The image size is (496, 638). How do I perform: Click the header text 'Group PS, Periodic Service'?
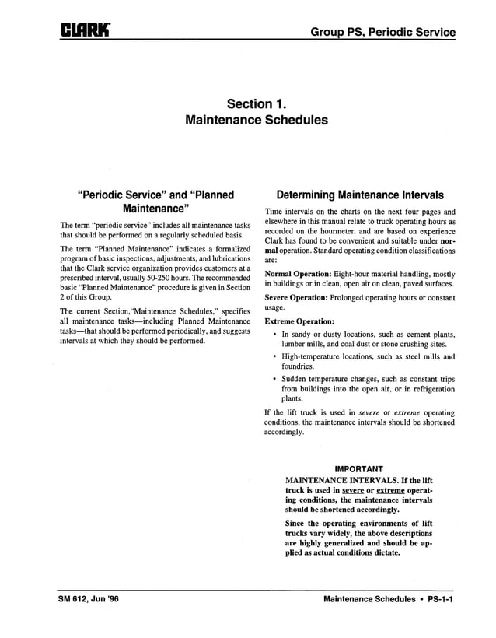[x=382, y=32]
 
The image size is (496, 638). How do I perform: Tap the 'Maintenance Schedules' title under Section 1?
[x=257, y=121]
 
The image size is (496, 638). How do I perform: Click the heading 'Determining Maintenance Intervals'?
[x=360, y=195]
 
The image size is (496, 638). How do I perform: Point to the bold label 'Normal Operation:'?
[x=298, y=275]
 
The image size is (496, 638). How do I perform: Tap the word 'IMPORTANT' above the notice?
[x=358, y=469]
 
